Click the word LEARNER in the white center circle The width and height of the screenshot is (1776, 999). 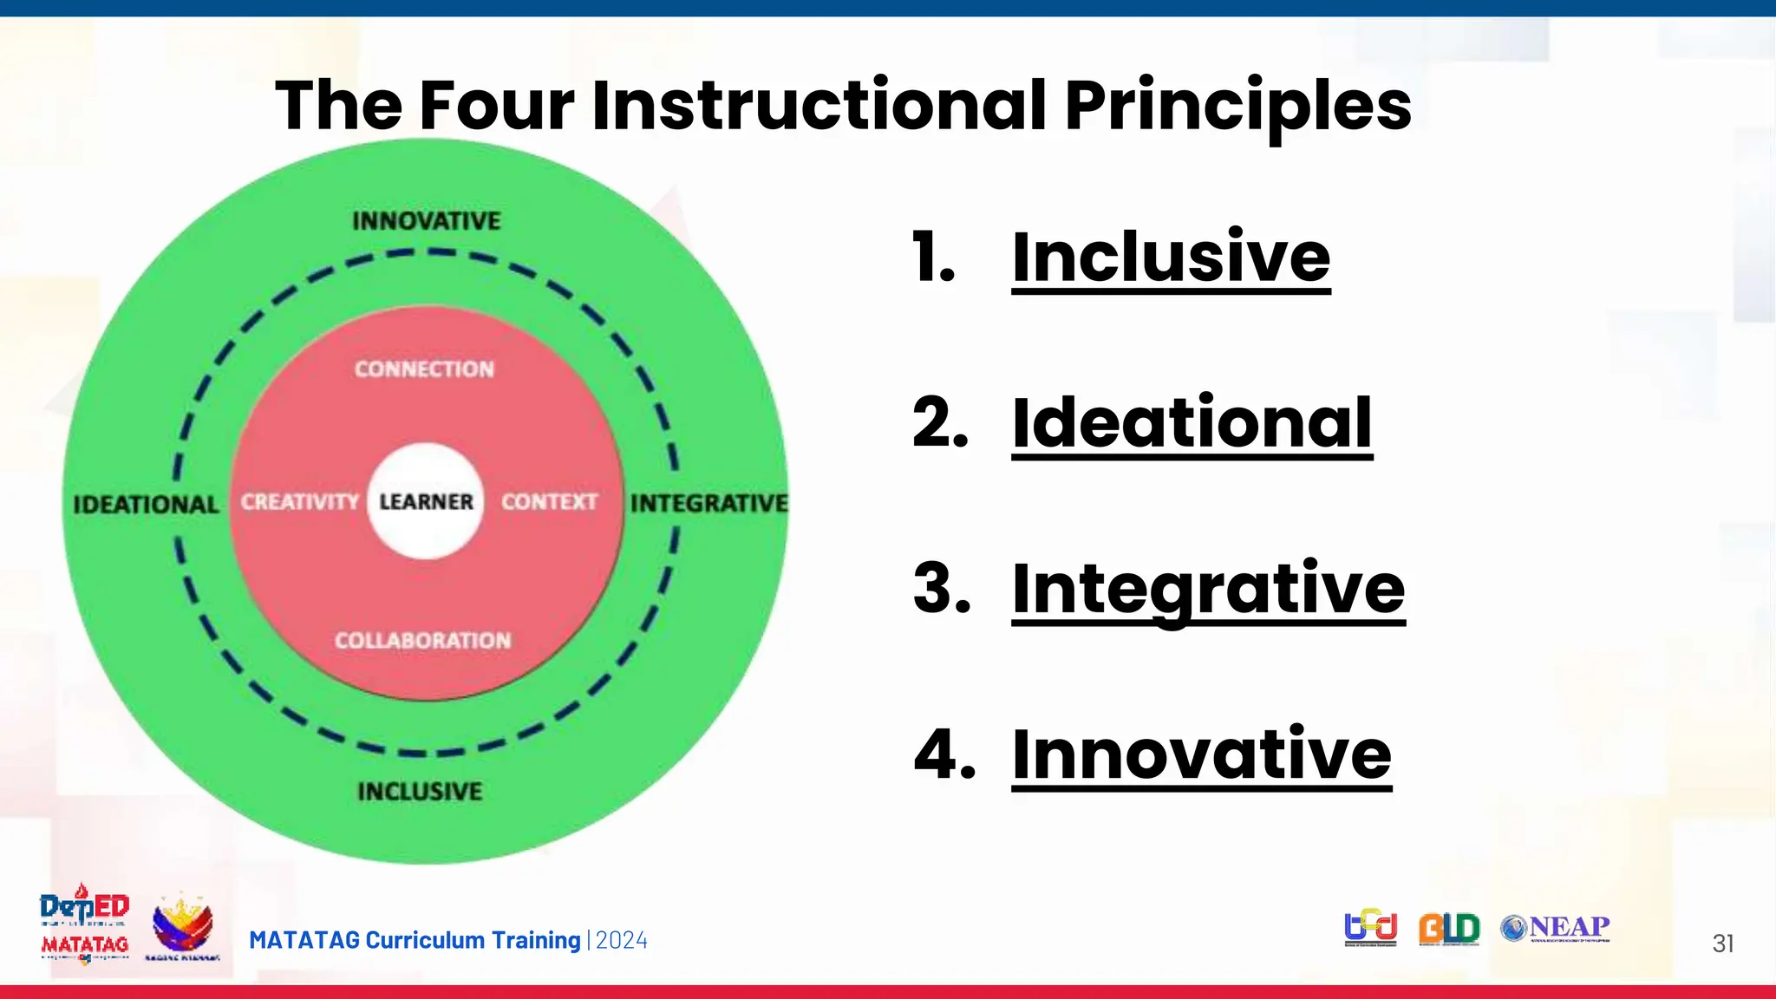pos(426,502)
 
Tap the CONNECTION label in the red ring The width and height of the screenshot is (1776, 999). pos(424,369)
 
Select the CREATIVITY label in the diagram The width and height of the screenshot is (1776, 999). pos(299,502)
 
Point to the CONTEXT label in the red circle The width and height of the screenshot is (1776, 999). pos(549,502)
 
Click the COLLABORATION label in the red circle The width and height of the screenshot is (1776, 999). pos(423,641)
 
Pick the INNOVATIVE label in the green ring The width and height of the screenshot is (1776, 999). pos(427,221)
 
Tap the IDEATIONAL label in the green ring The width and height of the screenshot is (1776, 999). pos(146,505)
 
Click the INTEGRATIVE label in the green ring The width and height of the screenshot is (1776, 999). pos(708,503)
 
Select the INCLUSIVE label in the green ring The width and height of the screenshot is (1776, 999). pos(420,791)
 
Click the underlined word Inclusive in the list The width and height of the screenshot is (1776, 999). pos(1171,258)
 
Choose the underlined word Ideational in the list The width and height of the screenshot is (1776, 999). pos(1192,423)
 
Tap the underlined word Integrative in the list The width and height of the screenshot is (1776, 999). pos(1208,589)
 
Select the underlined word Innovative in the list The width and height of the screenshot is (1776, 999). pos(1201,754)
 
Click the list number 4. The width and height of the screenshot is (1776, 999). pos(944,754)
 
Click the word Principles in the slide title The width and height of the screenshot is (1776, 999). pos(1237,106)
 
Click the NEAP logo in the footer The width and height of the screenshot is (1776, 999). pos(1556,929)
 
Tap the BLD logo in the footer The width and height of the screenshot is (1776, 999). pos(1449,929)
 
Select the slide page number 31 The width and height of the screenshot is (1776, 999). pos(1722,943)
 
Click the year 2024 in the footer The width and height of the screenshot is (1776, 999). pos(622,941)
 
